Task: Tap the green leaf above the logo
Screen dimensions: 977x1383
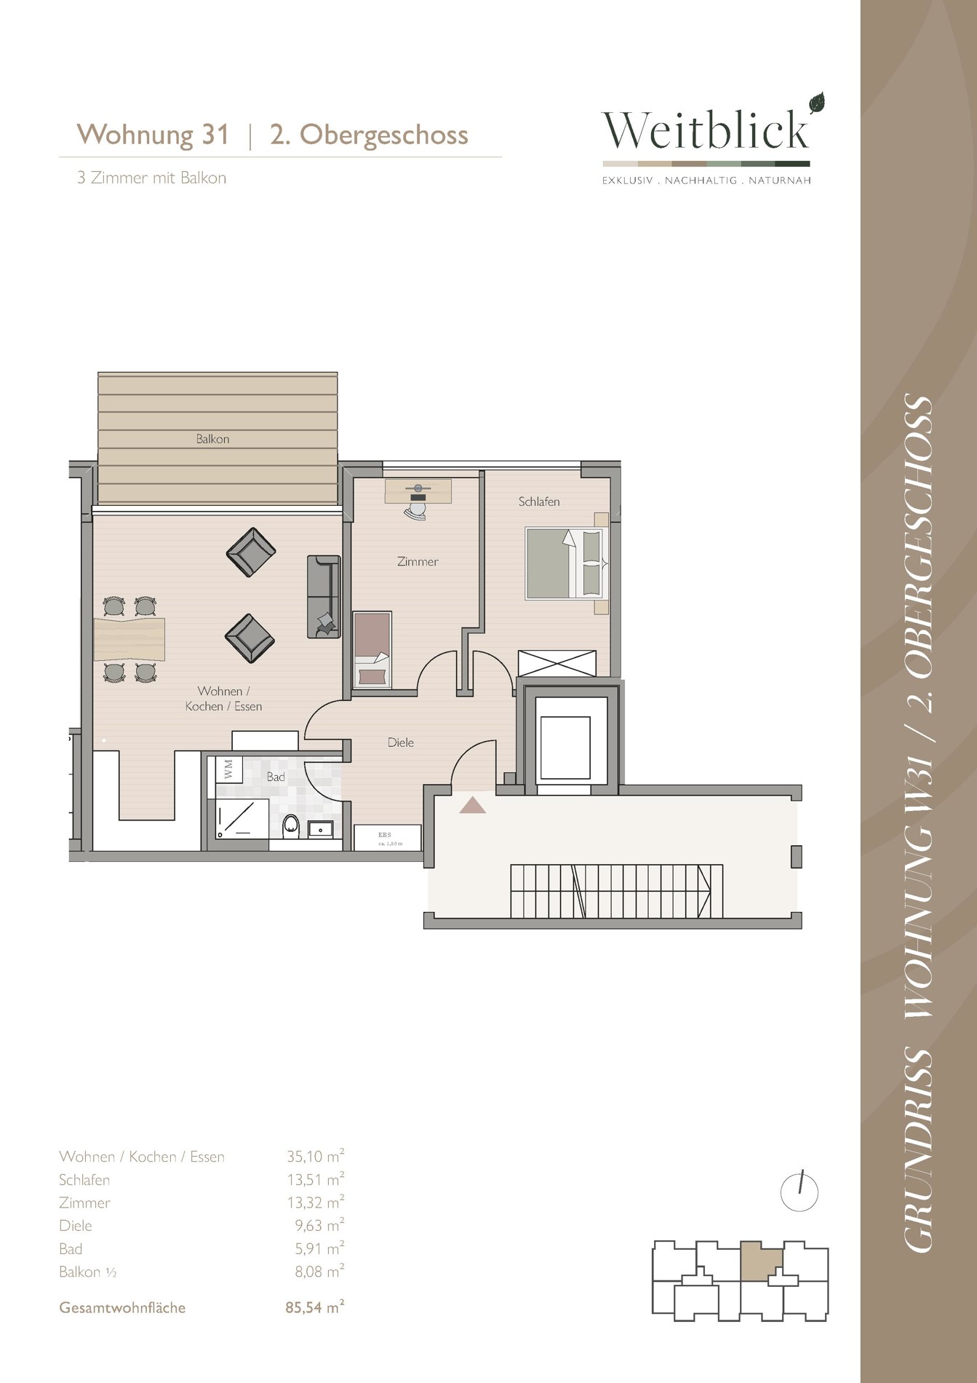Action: pyautogui.click(x=818, y=103)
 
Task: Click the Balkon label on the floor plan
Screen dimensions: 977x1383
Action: pyautogui.click(x=212, y=439)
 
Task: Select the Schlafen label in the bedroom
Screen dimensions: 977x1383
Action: pyautogui.click(x=539, y=502)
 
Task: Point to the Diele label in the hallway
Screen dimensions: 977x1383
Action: pyautogui.click(x=401, y=742)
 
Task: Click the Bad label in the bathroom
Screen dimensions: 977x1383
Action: pyautogui.click(x=276, y=777)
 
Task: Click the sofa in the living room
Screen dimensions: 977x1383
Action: pyautogui.click(x=324, y=596)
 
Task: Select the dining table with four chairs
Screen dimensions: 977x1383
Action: pyautogui.click(x=129, y=639)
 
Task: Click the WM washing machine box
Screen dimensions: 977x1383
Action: pyautogui.click(x=229, y=769)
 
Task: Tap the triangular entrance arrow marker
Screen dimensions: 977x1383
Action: pyautogui.click(x=473, y=804)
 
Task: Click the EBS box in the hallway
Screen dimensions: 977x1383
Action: pyautogui.click(x=387, y=837)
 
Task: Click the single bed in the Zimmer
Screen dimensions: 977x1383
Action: pyautogui.click(x=372, y=649)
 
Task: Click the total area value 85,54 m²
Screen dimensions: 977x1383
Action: pyautogui.click(x=315, y=1307)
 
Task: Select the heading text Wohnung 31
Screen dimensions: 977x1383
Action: pyautogui.click(x=153, y=135)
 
